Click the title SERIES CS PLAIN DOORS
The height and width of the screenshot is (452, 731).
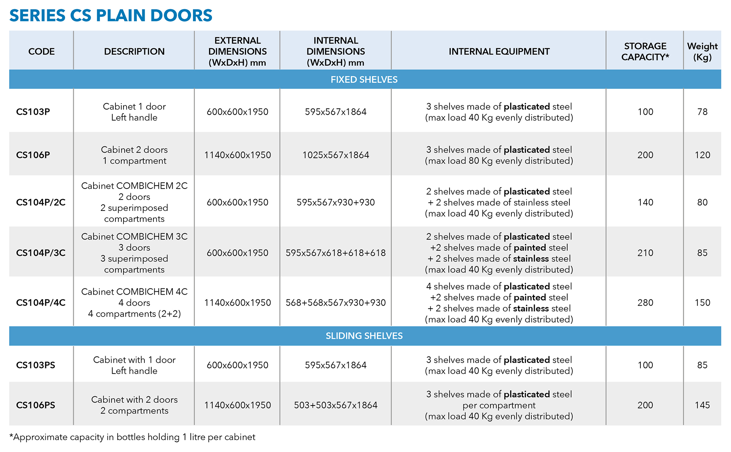[x=111, y=16]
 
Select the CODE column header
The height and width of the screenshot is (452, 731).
[x=41, y=52]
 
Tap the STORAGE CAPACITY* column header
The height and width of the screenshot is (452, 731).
[x=645, y=52]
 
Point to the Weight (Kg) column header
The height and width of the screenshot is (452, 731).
[x=702, y=52]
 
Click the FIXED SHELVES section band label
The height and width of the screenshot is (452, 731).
[x=364, y=80]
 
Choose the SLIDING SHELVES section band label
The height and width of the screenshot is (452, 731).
[x=364, y=336]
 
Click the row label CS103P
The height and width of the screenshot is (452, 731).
[x=33, y=112]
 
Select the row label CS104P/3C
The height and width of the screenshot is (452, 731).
[x=41, y=253]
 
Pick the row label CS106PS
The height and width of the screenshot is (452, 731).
[x=35, y=405]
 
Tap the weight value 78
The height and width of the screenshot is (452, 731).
[x=702, y=112]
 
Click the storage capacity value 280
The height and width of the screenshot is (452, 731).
[x=645, y=303]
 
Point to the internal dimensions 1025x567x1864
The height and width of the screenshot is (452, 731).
[x=336, y=155]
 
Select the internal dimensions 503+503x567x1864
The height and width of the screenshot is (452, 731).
[x=336, y=405]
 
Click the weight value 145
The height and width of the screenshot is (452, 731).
[x=702, y=405]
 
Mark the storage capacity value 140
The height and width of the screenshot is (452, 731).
[x=645, y=202]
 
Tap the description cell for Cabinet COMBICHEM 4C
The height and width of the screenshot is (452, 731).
[x=134, y=303]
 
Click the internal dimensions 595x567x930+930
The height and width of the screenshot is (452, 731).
[x=336, y=202]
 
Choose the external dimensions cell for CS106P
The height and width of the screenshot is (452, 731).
[x=238, y=155]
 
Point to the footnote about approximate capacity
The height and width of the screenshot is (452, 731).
[x=132, y=437]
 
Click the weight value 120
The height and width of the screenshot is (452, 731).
[x=702, y=155]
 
